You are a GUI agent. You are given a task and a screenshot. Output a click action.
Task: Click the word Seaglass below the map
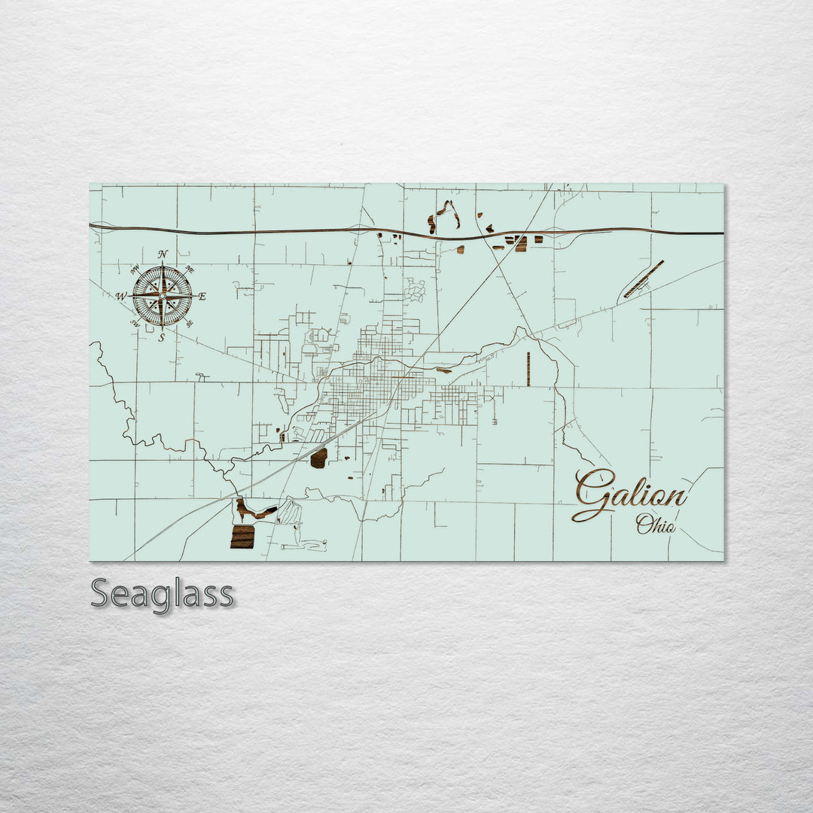[162, 594]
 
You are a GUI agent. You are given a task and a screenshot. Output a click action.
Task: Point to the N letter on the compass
[163, 254]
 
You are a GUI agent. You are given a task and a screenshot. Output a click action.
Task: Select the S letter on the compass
[162, 338]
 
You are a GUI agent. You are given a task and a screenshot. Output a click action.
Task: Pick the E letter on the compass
[202, 297]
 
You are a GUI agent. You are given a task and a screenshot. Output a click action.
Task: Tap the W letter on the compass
[121, 297]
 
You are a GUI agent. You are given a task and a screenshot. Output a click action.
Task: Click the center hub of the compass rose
[162, 296]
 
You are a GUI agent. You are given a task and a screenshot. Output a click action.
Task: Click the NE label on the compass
[190, 269]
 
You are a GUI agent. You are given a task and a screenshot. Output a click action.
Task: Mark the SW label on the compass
[135, 324]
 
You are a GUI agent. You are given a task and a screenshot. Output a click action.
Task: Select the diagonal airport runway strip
[644, 279]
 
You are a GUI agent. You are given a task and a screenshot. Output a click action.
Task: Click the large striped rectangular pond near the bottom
[242, 537]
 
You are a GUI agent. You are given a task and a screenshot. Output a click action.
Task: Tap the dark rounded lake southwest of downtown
[318, 458]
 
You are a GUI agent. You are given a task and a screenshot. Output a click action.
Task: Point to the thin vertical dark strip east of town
[528, 369]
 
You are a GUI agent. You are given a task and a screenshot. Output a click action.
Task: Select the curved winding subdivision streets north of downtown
[415, 291]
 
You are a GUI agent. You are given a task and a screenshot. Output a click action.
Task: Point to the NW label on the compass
[135, 269]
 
